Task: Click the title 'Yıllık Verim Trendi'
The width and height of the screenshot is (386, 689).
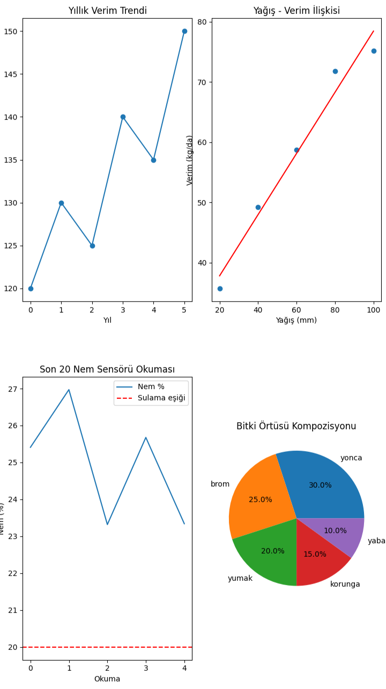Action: click(107, 11)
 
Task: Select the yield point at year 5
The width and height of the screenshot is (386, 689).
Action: click(184, 31)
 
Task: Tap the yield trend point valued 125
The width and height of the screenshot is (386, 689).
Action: click(92, 246)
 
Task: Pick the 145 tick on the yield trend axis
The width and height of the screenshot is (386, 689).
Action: click(12, 74)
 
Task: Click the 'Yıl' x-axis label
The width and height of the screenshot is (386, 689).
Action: click(107, 320)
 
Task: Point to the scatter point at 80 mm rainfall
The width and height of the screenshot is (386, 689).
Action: click(335, 71)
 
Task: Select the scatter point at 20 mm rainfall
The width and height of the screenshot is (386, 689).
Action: click(220, 289)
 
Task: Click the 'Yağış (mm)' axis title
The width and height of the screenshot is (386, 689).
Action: click(296, 320)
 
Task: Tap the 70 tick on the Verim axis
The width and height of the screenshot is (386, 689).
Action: click(202, 82)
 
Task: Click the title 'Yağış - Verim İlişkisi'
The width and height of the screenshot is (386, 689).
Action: click(296, 11)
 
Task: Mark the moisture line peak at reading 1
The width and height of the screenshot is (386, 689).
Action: click(69, 390)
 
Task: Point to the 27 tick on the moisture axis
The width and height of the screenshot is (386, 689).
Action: click(12, 389)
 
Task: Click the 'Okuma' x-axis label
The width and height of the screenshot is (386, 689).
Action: click(107, 679)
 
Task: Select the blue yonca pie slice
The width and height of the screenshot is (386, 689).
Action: click(322, 487)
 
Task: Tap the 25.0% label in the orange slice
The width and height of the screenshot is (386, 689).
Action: click(261, 499)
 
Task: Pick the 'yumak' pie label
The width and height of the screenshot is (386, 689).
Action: click(240, 578)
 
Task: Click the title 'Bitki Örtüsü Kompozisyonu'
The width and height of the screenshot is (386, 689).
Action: click(296, 426)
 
